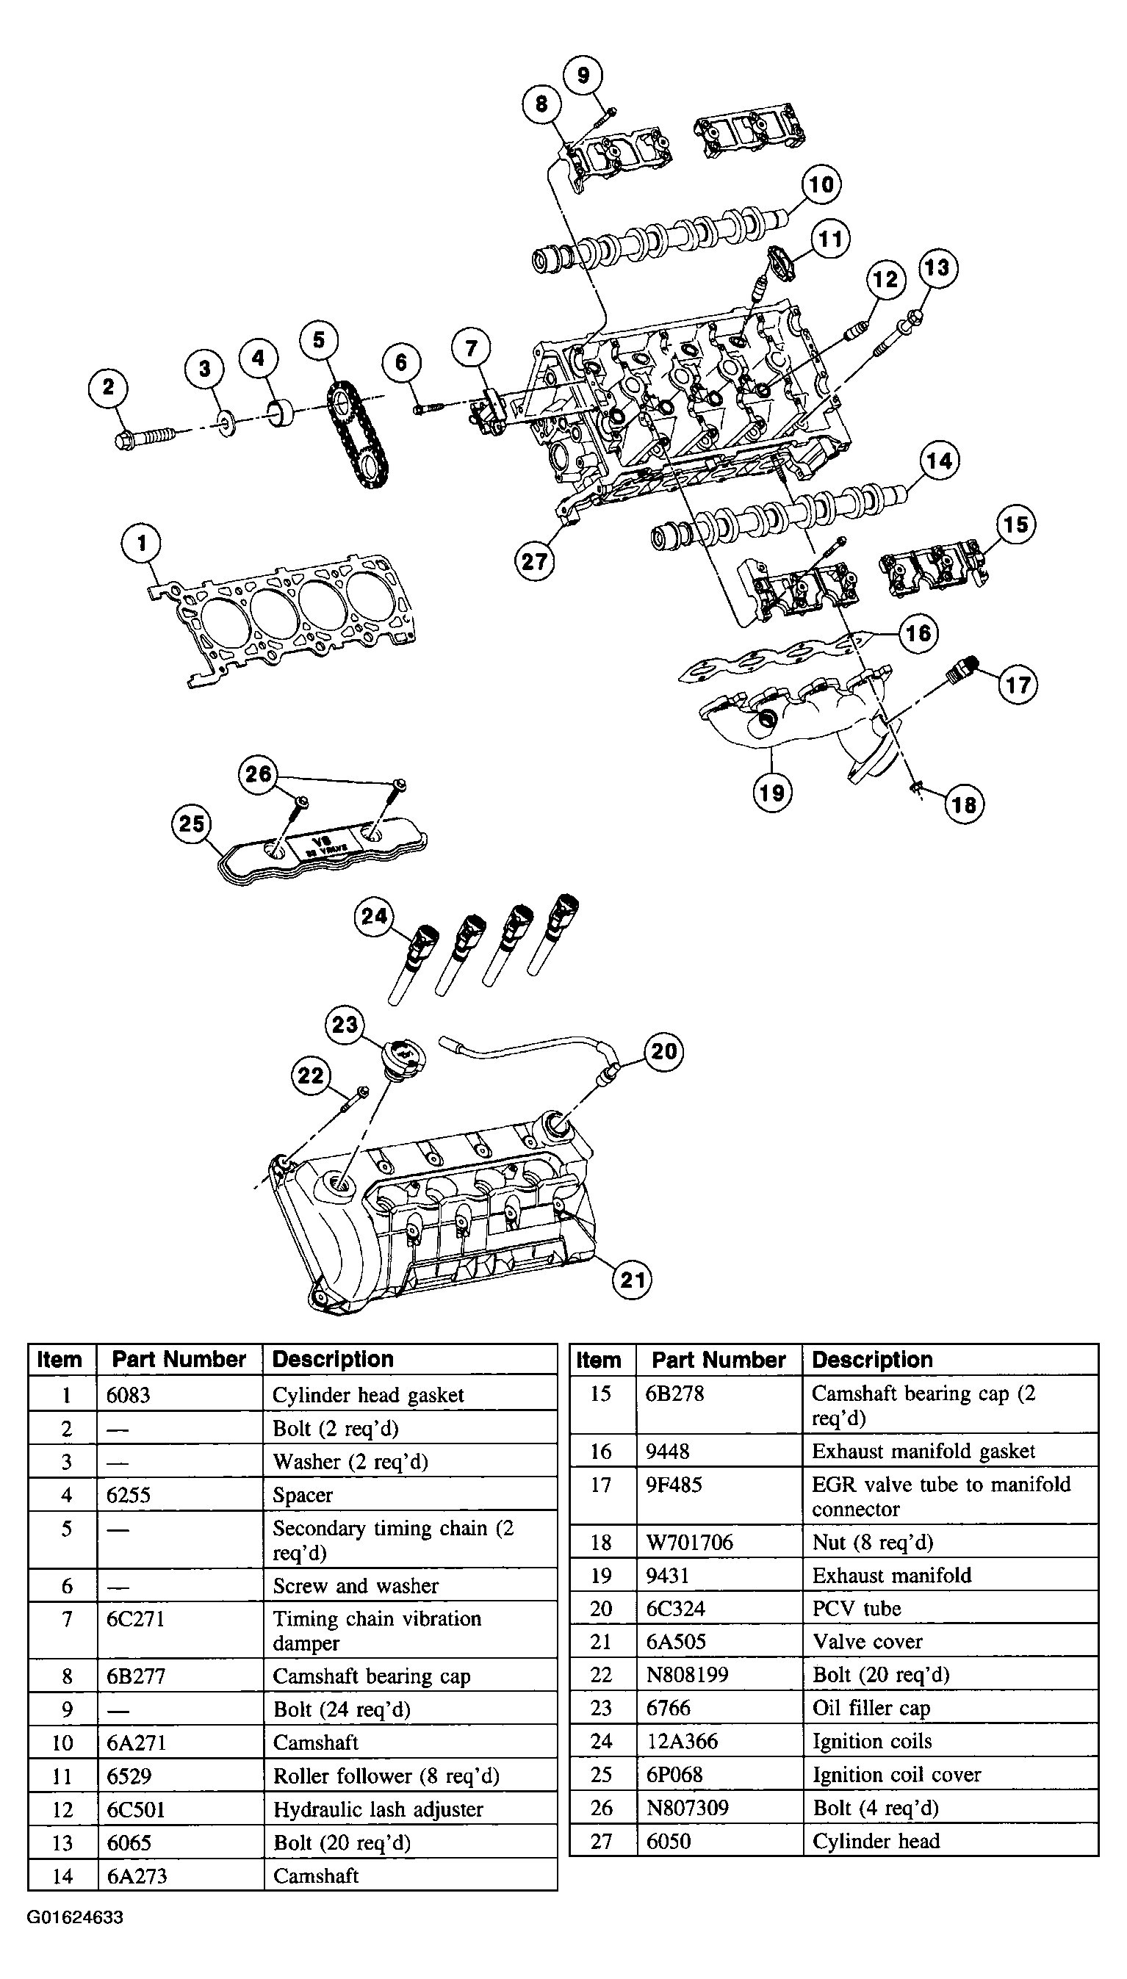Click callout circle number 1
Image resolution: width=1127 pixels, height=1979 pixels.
coord(141,544)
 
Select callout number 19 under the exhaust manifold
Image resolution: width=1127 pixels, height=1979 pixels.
coord(771,792)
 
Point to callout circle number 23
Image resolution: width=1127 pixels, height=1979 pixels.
coord(345,1025)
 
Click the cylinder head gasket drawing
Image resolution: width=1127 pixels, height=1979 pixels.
coord(280,619)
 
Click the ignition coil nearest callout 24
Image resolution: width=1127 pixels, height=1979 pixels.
coord(411,963)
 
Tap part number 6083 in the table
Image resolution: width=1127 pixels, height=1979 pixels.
coord(129,1396)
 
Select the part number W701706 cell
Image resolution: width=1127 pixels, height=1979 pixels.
coord(690,1542)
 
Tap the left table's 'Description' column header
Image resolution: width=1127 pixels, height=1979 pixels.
coord(333,1359)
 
